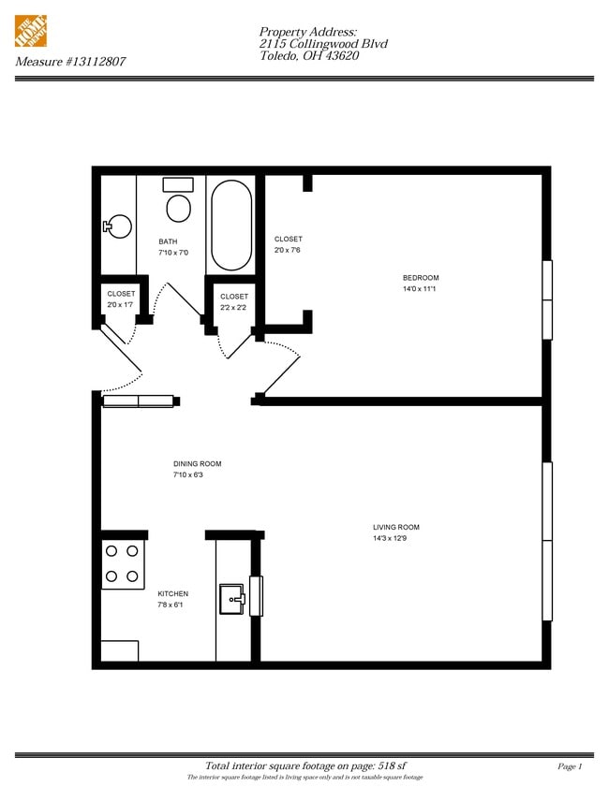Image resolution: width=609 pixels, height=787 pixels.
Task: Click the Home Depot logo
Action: [31, 31]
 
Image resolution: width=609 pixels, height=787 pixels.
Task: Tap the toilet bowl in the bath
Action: [178, 209]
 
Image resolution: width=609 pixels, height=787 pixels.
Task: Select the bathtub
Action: [231, 226]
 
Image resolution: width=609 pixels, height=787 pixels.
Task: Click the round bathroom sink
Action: [118, 226]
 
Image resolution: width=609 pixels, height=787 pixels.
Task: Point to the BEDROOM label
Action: [421, 278]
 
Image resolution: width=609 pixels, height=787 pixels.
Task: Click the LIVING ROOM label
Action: [396, 527]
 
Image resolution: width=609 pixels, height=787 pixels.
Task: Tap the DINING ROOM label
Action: [197, 464]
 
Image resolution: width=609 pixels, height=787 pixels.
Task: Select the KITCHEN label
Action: [172, 594]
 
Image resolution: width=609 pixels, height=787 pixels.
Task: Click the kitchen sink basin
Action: [232, 599]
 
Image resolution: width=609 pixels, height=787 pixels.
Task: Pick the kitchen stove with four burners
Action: [123, 564]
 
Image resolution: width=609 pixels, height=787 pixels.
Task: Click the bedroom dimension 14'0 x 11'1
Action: [419, 288]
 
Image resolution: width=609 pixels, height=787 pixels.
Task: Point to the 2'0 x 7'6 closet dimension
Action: [288, 250]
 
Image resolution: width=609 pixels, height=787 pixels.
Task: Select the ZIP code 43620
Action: [342, 56]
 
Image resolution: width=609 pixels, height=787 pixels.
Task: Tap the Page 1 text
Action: [570, 766]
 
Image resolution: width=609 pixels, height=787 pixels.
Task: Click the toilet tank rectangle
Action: [178, 184]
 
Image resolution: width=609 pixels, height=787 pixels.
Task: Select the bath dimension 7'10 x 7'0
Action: [173, 253]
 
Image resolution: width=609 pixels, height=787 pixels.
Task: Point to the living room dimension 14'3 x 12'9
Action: [390, 539]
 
